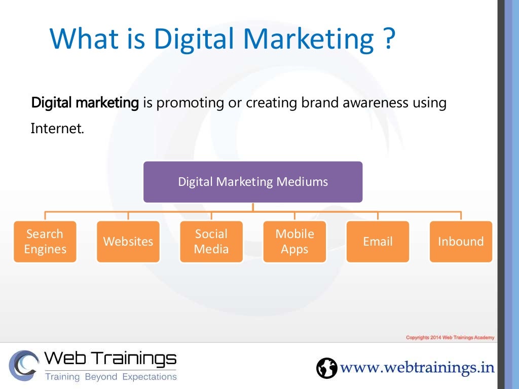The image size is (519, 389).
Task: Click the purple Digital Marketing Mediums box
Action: click(253, 182)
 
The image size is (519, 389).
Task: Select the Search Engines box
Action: click(45, 242)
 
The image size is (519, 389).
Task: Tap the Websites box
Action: click(128, 242)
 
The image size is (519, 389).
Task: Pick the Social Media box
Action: click(211, 242)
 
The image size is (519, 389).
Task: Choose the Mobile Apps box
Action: click(294, 242)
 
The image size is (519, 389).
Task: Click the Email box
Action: click(378, 242)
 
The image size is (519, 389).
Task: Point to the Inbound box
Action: click(461, 242)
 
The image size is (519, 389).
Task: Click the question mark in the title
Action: click(388, 39)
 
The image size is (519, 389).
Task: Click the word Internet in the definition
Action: click(57, 128)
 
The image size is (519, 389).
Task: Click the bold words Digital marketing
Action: click(85, 103)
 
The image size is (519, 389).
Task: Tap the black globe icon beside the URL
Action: click(326, 368)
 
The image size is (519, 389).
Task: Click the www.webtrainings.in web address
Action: click(417, 367)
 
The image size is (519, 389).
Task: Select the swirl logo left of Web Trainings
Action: click(23, 365)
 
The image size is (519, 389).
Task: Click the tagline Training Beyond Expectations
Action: click(111, 377)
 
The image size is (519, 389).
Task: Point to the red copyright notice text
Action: click(450, 338)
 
